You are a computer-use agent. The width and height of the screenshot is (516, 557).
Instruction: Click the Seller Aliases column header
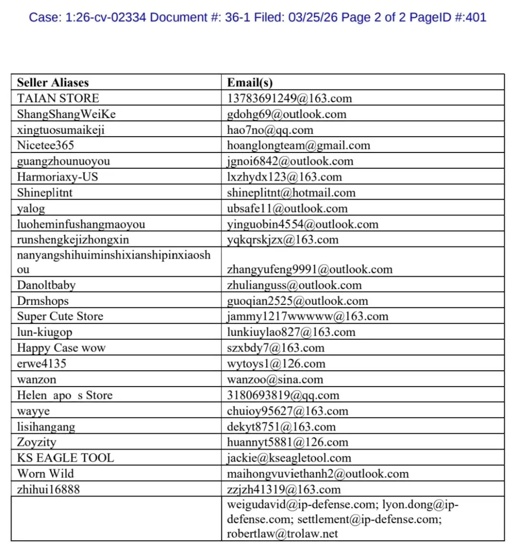(53, 83)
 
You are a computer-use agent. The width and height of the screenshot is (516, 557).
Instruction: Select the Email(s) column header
(249, 83)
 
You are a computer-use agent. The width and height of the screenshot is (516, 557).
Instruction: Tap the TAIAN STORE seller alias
(58, 98)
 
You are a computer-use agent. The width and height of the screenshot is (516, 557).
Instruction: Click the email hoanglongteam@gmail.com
(298, 146)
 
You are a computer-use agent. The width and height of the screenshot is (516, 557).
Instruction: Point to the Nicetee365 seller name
(45, 146)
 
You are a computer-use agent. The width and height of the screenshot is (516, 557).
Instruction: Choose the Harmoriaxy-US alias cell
(57, 177)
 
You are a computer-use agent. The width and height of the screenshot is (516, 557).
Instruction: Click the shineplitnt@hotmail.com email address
(291, 193)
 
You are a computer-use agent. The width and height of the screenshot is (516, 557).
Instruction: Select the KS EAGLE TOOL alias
(65, 458)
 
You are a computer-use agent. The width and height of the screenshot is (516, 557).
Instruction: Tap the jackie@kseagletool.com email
(289, 458)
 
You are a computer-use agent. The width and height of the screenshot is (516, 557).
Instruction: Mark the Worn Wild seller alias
(45, 474)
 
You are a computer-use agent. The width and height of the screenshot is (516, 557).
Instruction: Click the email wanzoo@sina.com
(275, 380)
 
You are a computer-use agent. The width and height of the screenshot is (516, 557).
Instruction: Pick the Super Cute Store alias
(60, 316)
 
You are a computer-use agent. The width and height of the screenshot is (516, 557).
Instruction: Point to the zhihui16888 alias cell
(48, 490)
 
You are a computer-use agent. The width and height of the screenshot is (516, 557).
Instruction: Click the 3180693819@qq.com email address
(283, 396)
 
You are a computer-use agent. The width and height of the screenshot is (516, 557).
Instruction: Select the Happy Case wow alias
(61, 348)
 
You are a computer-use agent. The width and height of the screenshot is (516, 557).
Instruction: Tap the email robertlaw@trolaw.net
(282, 534)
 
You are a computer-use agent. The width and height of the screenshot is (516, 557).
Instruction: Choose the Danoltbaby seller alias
(46, 285)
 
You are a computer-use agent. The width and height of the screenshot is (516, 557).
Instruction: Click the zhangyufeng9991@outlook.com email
(310, 269)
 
